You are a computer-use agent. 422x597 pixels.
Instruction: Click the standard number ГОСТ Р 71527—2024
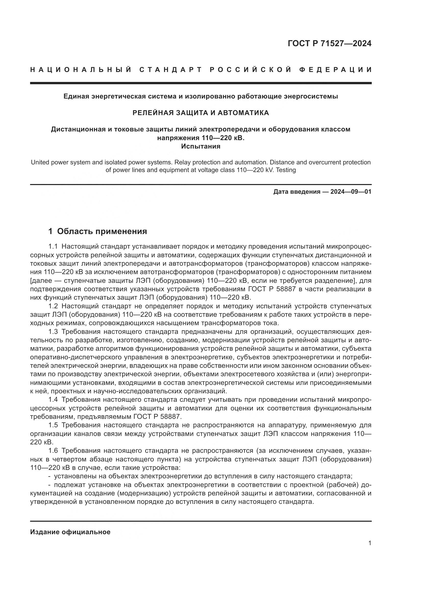(x=329, y=43)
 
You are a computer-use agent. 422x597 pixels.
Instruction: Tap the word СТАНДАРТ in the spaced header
(x=170, y=70)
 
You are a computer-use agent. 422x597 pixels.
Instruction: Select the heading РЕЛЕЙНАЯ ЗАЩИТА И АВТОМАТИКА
(x=201, y=113)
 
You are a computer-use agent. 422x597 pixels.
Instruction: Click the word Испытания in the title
(x=201, y=147)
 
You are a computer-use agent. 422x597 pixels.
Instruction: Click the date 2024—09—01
(x=351, y=192)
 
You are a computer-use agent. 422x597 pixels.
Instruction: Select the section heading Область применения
(x=102, y=231)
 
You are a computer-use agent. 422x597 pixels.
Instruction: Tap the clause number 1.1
(x=53, y=246)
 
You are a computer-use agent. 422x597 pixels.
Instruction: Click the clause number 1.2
(x=53, y=306)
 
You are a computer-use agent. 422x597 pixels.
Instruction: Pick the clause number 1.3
(x=53, y=332)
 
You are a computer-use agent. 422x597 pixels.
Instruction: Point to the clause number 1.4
(x=53, y=400)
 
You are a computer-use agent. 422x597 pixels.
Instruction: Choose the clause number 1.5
(x=53, y=425)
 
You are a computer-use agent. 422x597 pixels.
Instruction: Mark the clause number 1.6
(x=53, y=450)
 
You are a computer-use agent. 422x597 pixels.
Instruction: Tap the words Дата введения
(x=297, y=192)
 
